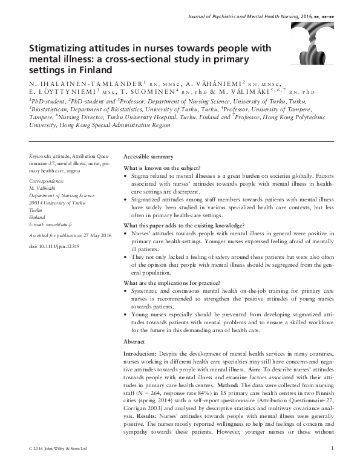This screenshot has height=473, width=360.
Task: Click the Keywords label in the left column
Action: (41, 156)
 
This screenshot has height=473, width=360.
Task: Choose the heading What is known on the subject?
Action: (162, 168)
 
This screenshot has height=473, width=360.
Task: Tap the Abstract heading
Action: (137, 342)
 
